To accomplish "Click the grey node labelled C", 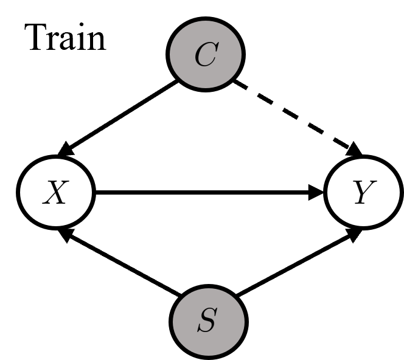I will pyautogui.click(x=206, y=55).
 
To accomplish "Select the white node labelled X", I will pyautogui.click(x=56, y=193).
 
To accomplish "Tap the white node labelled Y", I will pyautogui.click(x=363, y=193).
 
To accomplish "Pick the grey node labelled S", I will pyautogui.click(x=209, y=322).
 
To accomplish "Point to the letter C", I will pyautogui.click(x=206, y=55).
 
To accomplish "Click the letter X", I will pyautogui.click(x=55, y=193).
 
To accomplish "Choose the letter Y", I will pyautogui.click(x=363, y=193).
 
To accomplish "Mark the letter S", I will pyautogui.click(x=207, y=322).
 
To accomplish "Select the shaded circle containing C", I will pyautogui.click(x=206, y=55).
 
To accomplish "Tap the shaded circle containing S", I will pyautogui.click(x=209, y=322).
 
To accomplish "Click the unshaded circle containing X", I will pyautogui.click(x=56, y=193).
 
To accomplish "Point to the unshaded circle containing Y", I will pyautogui.click(x=363, y=193).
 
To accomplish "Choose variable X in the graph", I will pyautogui.click(x=56, y=193).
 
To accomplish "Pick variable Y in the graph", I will pyautogui.click(x=363, y=193).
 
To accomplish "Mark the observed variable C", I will pyautogui.click(x=206, y=55).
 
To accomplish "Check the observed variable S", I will pyautogui.click(x=209, y=322).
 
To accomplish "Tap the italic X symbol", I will pyautogui.click(x=55, y=193).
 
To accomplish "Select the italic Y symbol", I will pyautogui.click(x=363, y=193).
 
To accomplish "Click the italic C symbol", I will pyautogui.click(x=206, y=55).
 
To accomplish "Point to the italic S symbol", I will pyautogui.click(x=207, y=322).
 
